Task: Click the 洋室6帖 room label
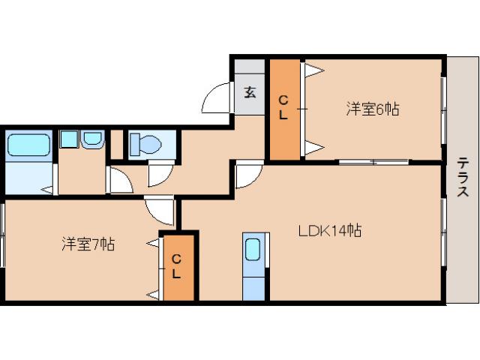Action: coord(372,109)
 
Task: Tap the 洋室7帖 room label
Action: coord(88,244)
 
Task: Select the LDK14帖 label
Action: coord(330,230)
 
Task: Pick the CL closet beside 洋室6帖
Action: coord(284,108)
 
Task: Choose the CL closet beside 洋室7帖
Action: coord(177,267)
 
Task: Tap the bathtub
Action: coord(28,144)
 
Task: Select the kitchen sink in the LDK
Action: coord(253,249)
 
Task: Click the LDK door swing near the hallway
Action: coord(247,175)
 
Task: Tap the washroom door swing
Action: coord(119,179)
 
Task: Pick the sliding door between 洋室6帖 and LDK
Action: coord(373,161)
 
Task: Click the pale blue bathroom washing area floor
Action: coord(28,178)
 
